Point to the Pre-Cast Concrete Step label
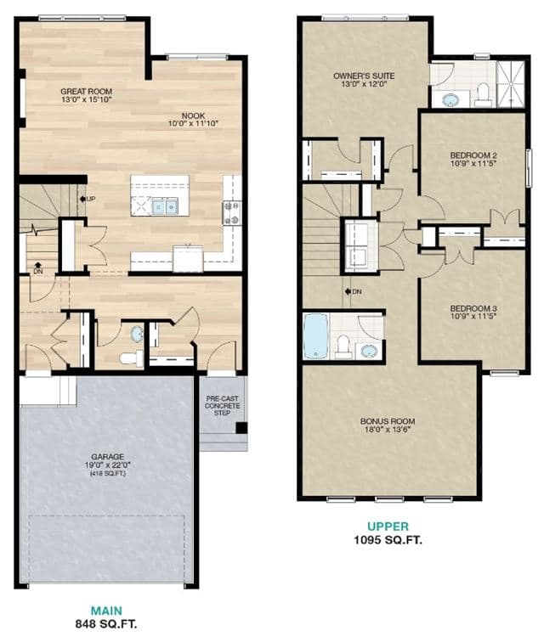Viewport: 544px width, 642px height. pos(222,406)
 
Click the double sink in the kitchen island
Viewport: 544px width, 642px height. pos(165,206)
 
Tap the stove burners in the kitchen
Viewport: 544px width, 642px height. pos(231,213)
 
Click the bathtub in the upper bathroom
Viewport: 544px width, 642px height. pos(316,335)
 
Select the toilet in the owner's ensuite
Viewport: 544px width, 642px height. pos(483,94)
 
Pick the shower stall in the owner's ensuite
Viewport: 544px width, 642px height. pos(511,85)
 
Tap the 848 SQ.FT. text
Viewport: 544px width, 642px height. pos(106,624)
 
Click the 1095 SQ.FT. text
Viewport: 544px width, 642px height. pos(388,539)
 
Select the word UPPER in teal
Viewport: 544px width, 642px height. pos(388,527)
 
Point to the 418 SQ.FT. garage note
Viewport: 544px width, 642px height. pos(108,473)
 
